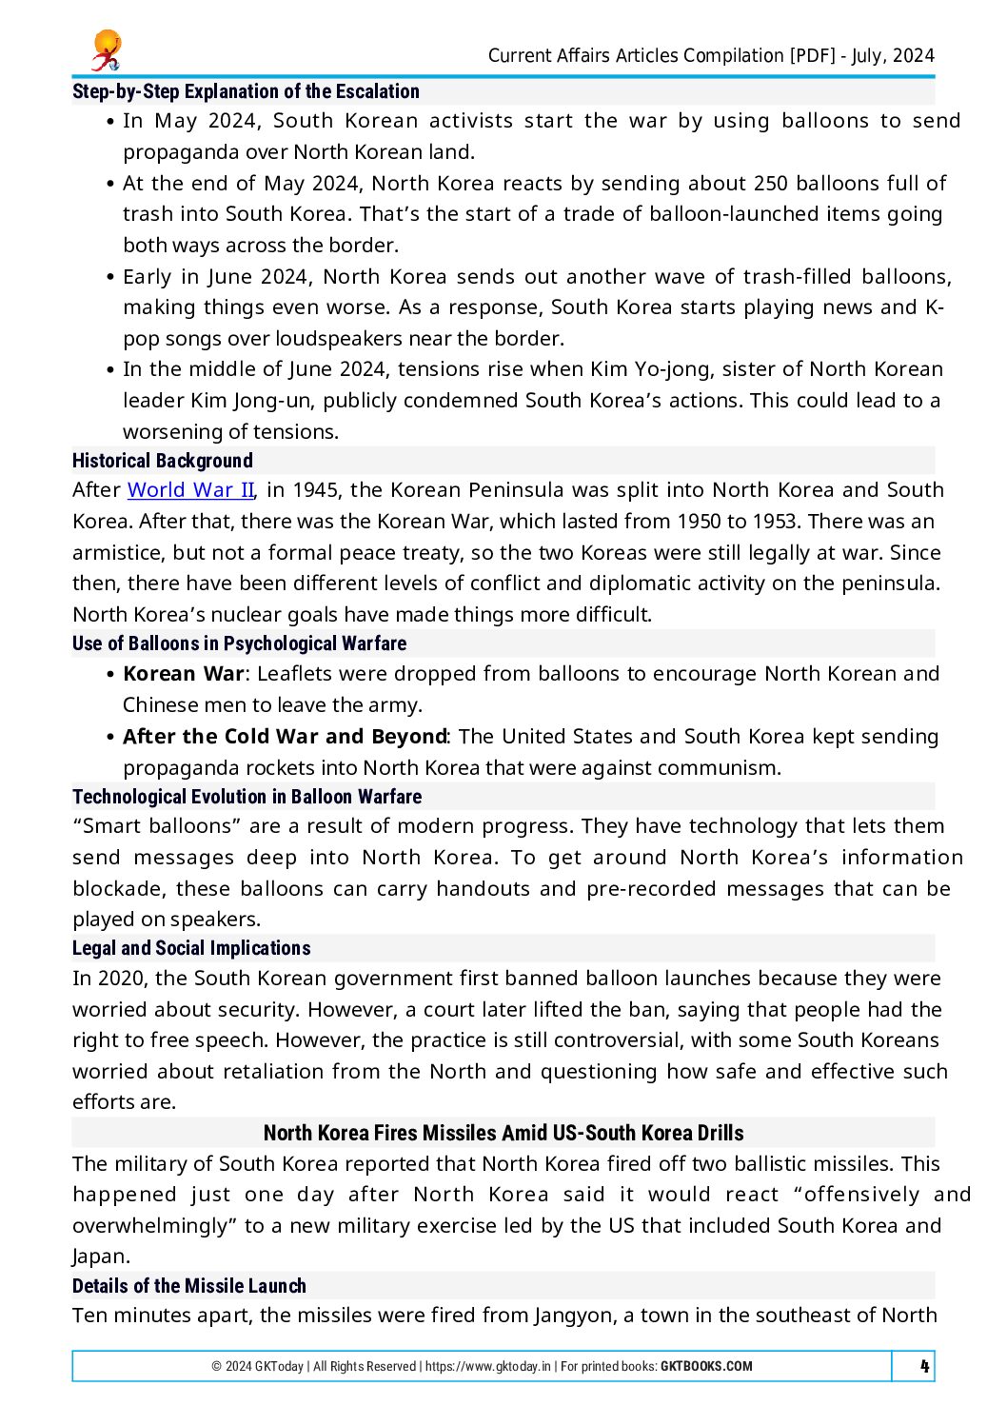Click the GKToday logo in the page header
coord(107,50)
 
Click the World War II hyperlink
coord(190,490)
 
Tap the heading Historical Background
coord(163,461)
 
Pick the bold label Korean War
coord(184,674)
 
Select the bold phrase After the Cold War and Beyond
coord(285,737)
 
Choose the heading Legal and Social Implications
coord(191,948)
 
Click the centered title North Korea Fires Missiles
coord(503,1133)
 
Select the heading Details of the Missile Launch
coord(189,1286)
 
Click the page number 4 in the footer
coord(923,1366)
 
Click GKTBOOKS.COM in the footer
coord(706,1366)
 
